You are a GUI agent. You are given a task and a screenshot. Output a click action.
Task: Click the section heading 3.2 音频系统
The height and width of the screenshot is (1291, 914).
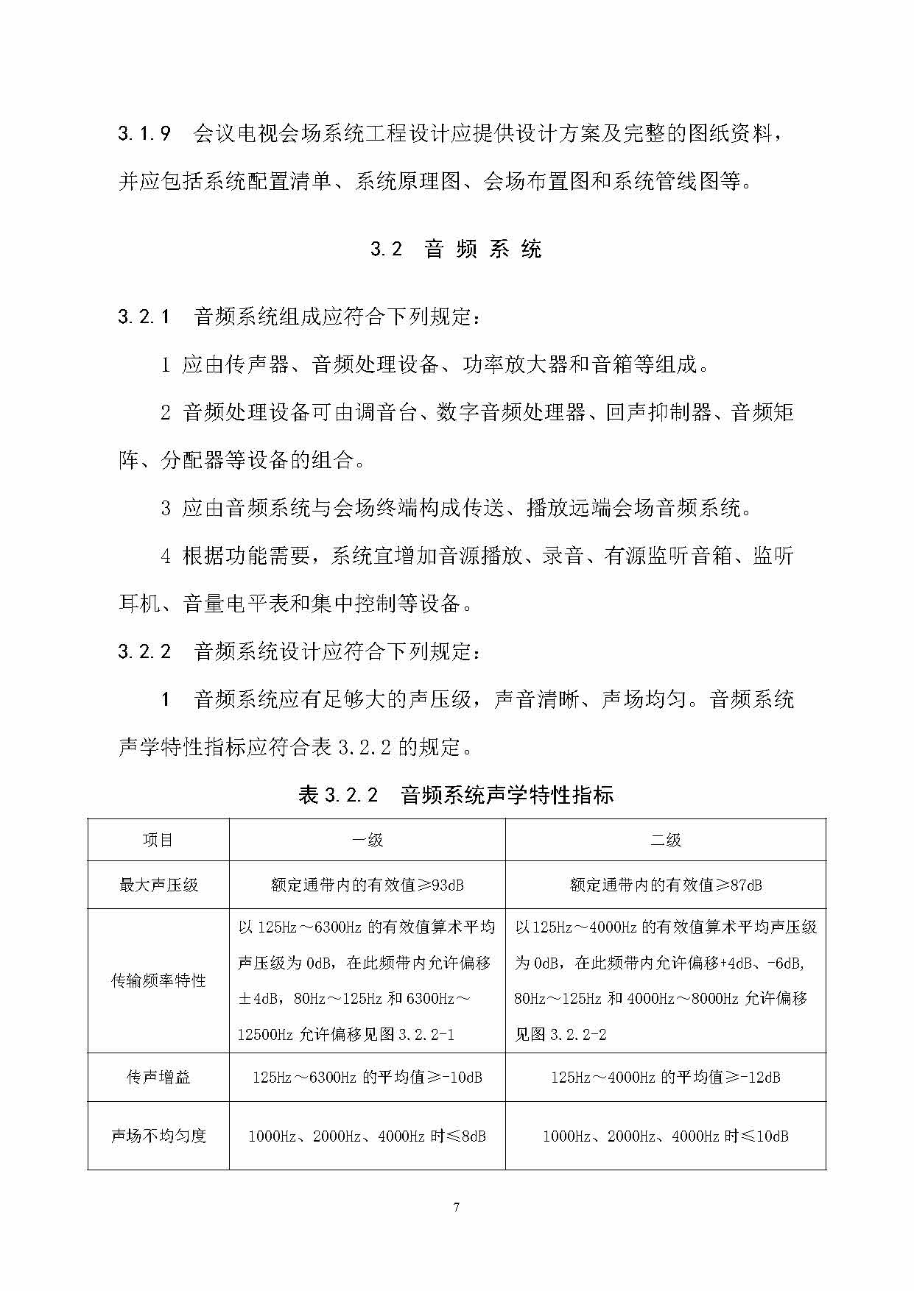click(456, 249)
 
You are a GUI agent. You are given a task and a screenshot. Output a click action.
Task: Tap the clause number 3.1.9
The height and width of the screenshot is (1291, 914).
click(144, 133)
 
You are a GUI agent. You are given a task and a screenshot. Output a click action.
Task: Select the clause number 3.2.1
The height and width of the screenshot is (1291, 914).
click(144, 316)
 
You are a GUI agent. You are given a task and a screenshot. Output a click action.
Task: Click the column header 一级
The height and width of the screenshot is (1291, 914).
click(367, 840)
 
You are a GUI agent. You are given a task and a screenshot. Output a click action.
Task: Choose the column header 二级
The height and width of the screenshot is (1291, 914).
click(665, 840)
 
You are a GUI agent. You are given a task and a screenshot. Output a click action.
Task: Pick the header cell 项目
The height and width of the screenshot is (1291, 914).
click(158, 840)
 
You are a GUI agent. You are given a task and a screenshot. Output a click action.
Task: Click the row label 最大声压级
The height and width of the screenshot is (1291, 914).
click(158, 885)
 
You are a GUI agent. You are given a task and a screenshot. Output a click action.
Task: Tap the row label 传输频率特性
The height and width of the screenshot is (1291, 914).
click(158, 980)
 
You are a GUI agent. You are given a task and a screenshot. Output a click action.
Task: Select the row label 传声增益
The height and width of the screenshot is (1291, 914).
click(158, 1077)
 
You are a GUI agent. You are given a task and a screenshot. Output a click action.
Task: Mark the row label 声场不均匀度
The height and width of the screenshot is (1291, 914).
click(158, 1136)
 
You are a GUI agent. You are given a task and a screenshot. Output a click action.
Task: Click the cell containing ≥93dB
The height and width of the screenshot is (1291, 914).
click(367, 885)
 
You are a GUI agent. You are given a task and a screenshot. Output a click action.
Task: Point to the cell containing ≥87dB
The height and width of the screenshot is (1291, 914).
click(665, 885)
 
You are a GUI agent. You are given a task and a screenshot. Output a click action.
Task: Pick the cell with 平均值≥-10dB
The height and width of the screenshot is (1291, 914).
click(367, 1077)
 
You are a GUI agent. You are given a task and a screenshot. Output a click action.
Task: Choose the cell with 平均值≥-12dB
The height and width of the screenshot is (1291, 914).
click(665, 1077)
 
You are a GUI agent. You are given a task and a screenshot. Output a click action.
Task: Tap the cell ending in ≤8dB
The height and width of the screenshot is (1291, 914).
click(367, 1136)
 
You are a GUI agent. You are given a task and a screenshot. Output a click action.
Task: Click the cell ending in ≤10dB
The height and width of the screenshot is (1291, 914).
click(665, 1136)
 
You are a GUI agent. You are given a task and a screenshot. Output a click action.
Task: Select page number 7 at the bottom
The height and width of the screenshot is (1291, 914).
click(457, 1206)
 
